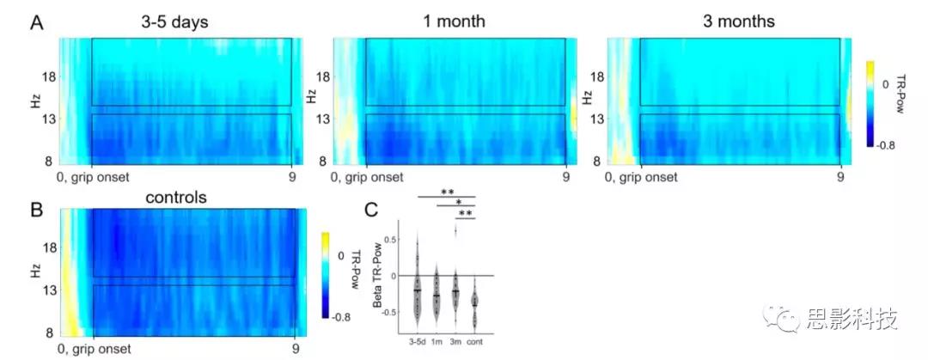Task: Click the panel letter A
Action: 38,23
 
